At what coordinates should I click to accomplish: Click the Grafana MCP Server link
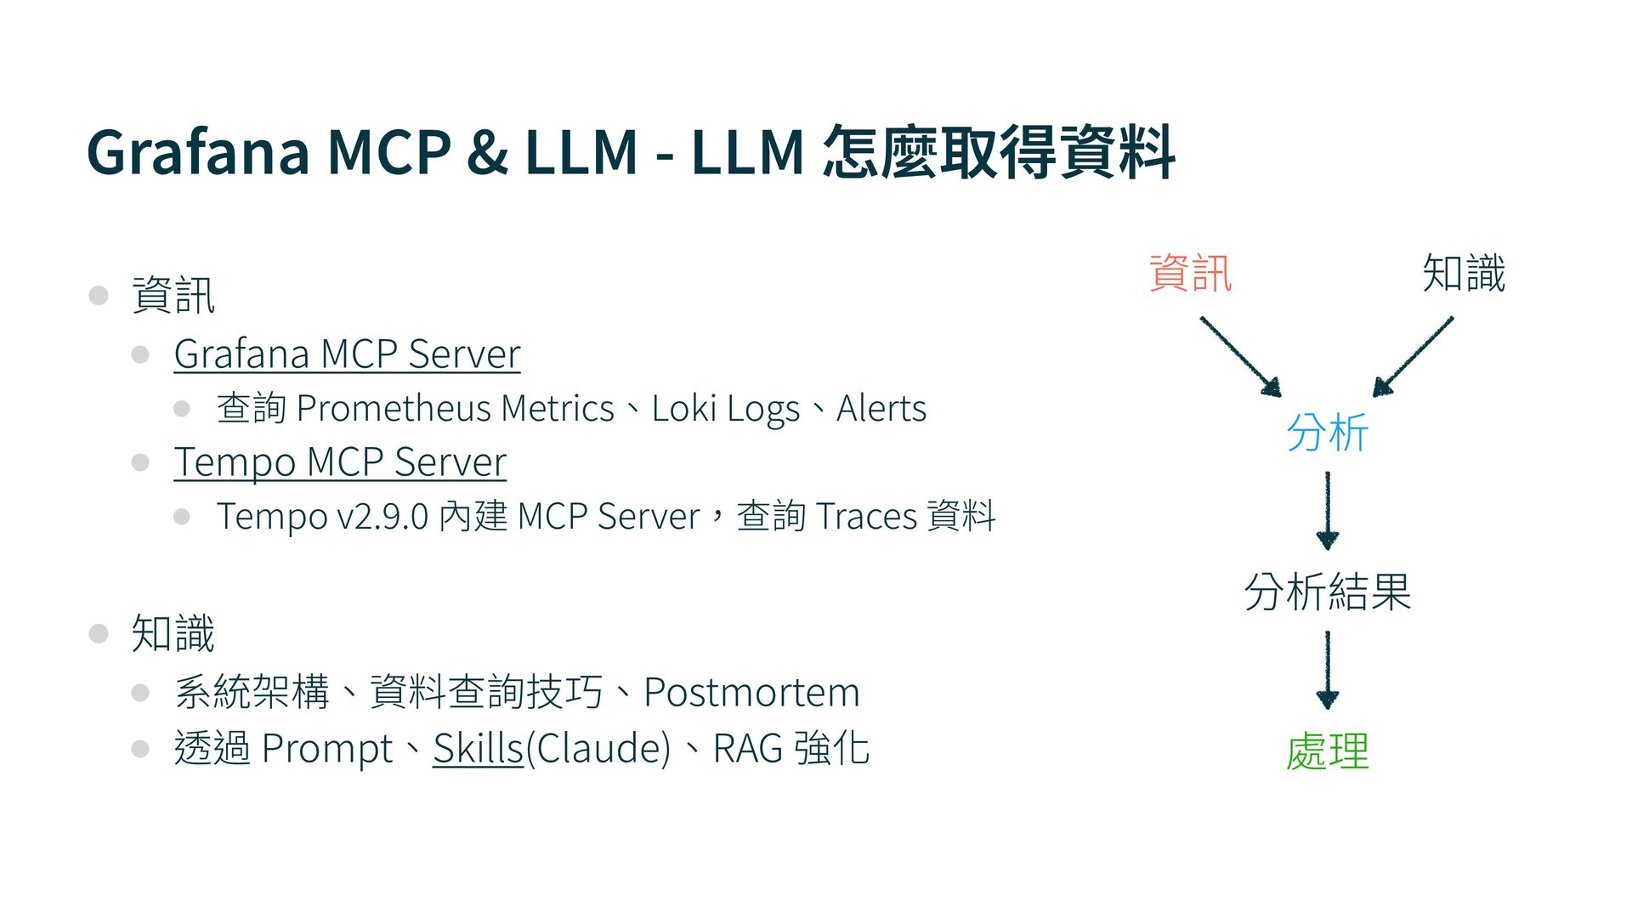tap(347, 354)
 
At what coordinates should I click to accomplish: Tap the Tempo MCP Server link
tap(340, 462)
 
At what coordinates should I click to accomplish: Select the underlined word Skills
tap(478, 749)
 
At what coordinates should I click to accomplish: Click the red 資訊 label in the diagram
tap(1190, 274)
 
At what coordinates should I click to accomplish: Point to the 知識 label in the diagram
tap(1464, 274)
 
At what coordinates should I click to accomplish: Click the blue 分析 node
tap(1327, 433)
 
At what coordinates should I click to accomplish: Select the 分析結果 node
tap(1327, 592)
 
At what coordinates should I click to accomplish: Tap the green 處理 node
tap(1327, 751)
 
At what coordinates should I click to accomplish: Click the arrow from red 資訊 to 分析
tap(1240, 356)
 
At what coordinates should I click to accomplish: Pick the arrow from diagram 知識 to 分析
tap(1413, 356)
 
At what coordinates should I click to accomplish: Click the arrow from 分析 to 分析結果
tap(1327, 510)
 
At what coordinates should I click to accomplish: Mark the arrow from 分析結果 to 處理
tap(1327, 670)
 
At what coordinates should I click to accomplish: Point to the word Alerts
tap(881, 409)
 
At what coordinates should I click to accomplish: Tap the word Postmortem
tap(751, 692)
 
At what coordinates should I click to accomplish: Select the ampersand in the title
tap(487, 153)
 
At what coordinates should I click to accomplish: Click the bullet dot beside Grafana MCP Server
tap(141, 354)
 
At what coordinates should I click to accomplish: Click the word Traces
tap(866, 517)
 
